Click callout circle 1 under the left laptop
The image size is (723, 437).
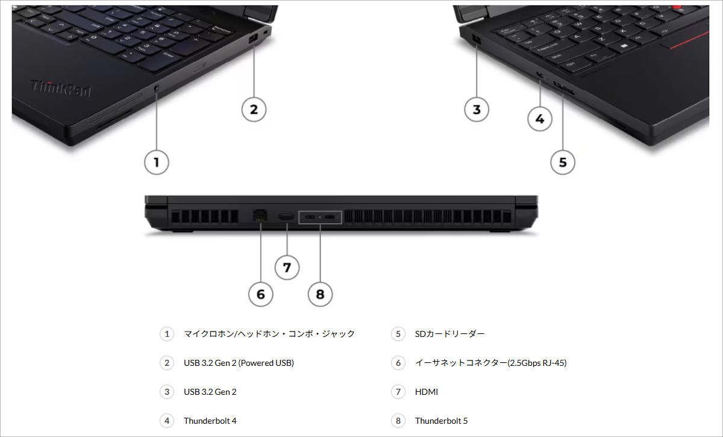click(x=157, y=162)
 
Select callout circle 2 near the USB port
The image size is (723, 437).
click(x=254, y=109)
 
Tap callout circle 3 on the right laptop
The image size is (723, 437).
click(x=477, y=109)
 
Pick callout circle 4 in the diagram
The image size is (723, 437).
click(x=539, y=119)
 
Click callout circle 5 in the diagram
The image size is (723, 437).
click(x=563, y=162)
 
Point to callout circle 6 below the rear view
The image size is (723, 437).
click(x=260, y=294)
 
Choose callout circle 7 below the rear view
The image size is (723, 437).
click(x=287, y=267)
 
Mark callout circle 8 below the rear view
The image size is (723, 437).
click(x=320, y=294)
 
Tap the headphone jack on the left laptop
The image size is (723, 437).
click(x=157, y=87)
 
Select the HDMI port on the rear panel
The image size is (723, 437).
click(x=286, y=217)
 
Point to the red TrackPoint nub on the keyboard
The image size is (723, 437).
click(x=678, y=7)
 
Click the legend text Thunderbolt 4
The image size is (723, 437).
click(x=210, y=421)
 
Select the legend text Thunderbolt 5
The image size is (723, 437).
click(x=441, y=421)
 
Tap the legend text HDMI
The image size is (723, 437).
click(x=427, y=392)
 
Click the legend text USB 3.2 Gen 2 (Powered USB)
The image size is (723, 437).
click(x=239, y=363)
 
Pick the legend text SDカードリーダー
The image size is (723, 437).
click(x=449, y=334)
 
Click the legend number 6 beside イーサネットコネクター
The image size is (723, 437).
click(x=398, y=363)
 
